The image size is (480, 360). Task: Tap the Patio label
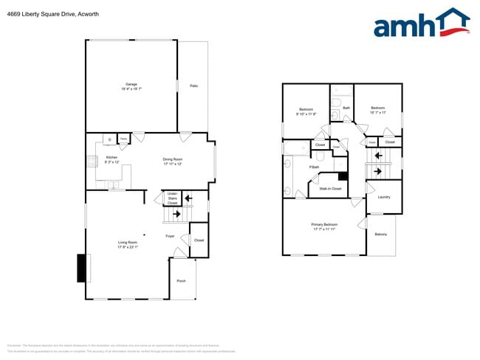pyautogui.click(x=193, y=86)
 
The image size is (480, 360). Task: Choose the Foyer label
pyautogui.click(x=170, y=236)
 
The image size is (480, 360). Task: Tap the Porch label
pyautogui.click(x=181, y=281)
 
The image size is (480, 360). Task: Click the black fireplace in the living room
pyautogui.click(x=81, y=267)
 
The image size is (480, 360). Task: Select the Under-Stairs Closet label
pyautogui.click(x=172, y=198)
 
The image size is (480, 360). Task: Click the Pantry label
pyautogui.click(x=123, y=138)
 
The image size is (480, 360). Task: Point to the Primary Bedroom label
pyautogui.click(x=324, y=226)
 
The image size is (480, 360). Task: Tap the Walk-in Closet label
pyautogui.click(x=329, y=189)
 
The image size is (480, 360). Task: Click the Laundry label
pyautogui.click(x=384, y=197)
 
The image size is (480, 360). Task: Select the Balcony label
pyautogui.click(x=381, y=235)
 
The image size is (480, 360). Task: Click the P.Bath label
pyautogui.click(x=314, y=167)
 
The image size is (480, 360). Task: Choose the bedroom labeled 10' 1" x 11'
pyautogui.click(x=378, y=111)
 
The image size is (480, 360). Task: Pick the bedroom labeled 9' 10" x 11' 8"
pyautogui.click(x=306, y=111)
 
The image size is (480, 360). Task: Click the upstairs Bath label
pyautogui.click(x=346, y=108)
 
